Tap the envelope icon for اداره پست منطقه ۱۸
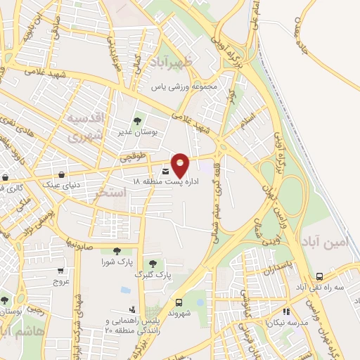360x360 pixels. click(166, 172)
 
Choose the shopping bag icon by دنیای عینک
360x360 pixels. click(63, 175)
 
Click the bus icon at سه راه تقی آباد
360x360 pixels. click(320, 276)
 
